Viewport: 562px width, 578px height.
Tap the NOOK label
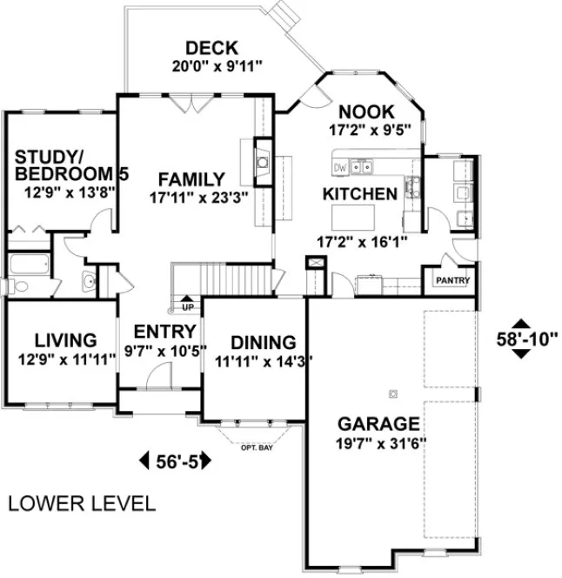click(x=366, y=112)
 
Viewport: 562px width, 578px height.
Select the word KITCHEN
click(x=360, y=192)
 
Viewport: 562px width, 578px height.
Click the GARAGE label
click(x=378, y=425)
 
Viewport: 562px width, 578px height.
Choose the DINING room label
click(x=263, y=342)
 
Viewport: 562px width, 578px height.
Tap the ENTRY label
click(x=164, y=331)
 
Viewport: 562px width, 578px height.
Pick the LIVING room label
click(x=64, y=339)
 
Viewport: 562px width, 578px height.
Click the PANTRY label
click(x=452, y=280)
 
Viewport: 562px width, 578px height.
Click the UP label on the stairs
click(x=187, y=307)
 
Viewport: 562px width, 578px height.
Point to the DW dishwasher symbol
click(x=340, y=166)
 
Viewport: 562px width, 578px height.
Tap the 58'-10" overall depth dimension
click(x=525, y=336)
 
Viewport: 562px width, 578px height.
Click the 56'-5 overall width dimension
click(x=175, y=460)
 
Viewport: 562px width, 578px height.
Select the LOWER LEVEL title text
click(x=83, y=503)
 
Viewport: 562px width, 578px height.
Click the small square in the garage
click(x=393, y=393)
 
